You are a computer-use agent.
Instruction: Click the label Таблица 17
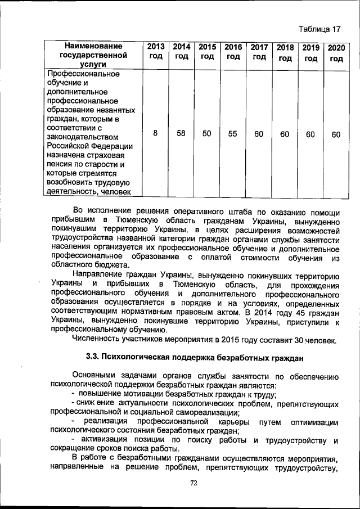[x=320, y=29]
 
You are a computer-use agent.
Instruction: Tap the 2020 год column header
[x=336, y=52]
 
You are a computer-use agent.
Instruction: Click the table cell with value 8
[x=155, y=133]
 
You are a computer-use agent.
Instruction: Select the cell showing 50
[x=207, y=133]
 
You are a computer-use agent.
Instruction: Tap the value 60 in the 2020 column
[x=336, y=134]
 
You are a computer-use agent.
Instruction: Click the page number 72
[x=194, y=483]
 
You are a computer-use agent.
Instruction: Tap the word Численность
[x=96, y=340]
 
